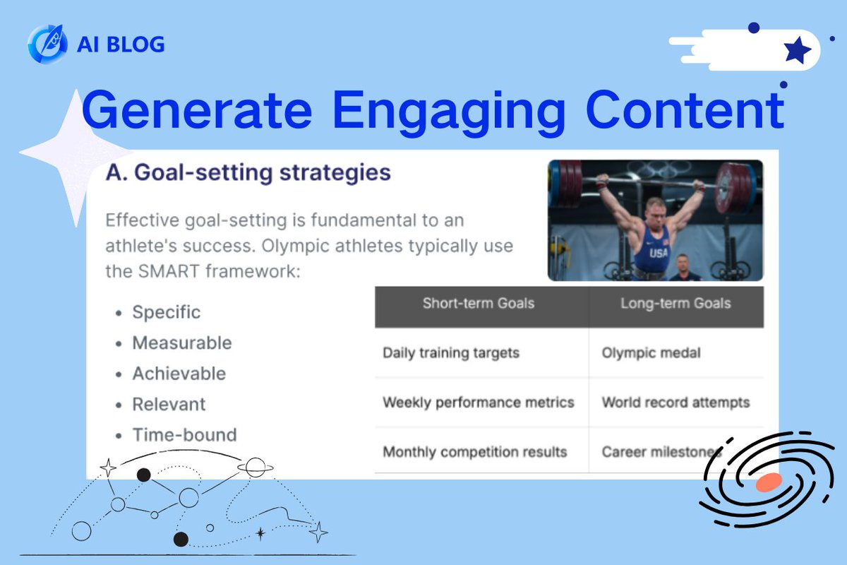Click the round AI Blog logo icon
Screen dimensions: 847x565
click(48, 44)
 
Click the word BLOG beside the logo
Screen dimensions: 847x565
click(136, 44)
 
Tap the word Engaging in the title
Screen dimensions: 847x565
click(449, 112)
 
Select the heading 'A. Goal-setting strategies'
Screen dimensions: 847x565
click(248, 172)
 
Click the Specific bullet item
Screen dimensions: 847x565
click(167, 312)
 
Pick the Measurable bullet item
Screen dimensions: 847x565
click(182, 343)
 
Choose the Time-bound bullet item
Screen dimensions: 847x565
click(184, 435)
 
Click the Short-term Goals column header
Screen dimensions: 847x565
click(479, 303)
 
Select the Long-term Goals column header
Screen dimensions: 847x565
click(675, 304)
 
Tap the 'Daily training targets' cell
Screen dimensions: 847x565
click(451, 352)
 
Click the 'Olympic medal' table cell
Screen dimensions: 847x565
click(651, 352)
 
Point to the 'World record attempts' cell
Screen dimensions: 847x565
click(675, 403)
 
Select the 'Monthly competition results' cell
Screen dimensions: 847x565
click(475, 452)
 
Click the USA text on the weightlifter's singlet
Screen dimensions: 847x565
click(659, 253)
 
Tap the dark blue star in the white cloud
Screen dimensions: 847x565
click(797, 50)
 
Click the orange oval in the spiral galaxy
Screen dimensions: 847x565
click(769, 482)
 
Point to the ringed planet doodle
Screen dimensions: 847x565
click(256, 468)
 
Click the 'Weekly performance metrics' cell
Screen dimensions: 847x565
click(479, 403)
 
